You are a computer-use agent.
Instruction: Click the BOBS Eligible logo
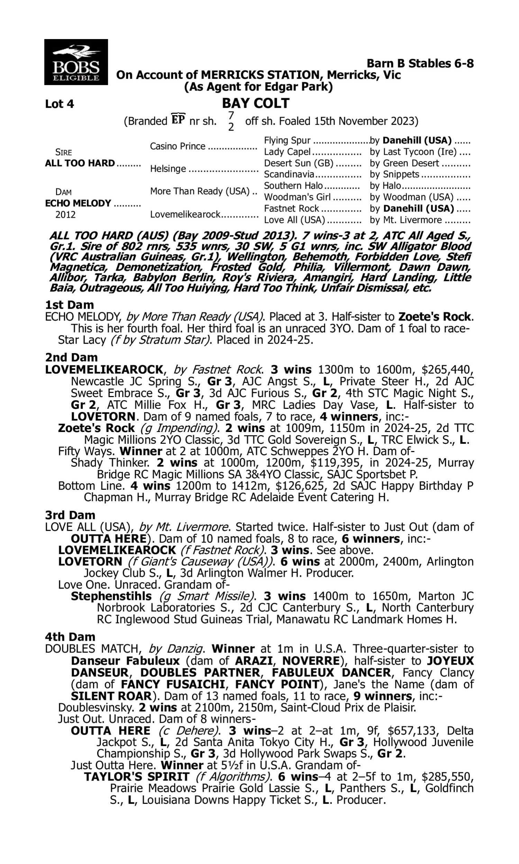tap(76, 62)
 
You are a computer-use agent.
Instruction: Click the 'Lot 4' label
tap(60, 104)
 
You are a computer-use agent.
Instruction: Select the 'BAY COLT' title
tap(256, 103)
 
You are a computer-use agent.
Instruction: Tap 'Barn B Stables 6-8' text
tap(420, 63)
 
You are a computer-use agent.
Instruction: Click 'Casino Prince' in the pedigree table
tap(177, 146)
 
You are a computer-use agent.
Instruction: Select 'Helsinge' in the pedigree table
tap(168, 169)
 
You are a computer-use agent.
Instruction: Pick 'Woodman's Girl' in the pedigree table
tap(297, 197)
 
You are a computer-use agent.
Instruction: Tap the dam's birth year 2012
tap(65, 214)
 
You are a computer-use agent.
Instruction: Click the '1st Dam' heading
tap(69, 305)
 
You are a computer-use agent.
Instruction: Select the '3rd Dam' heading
tap(70, 515)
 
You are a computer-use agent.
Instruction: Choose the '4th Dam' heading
tap(70, 637)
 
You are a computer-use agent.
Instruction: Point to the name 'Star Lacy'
tap(82, 340)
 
